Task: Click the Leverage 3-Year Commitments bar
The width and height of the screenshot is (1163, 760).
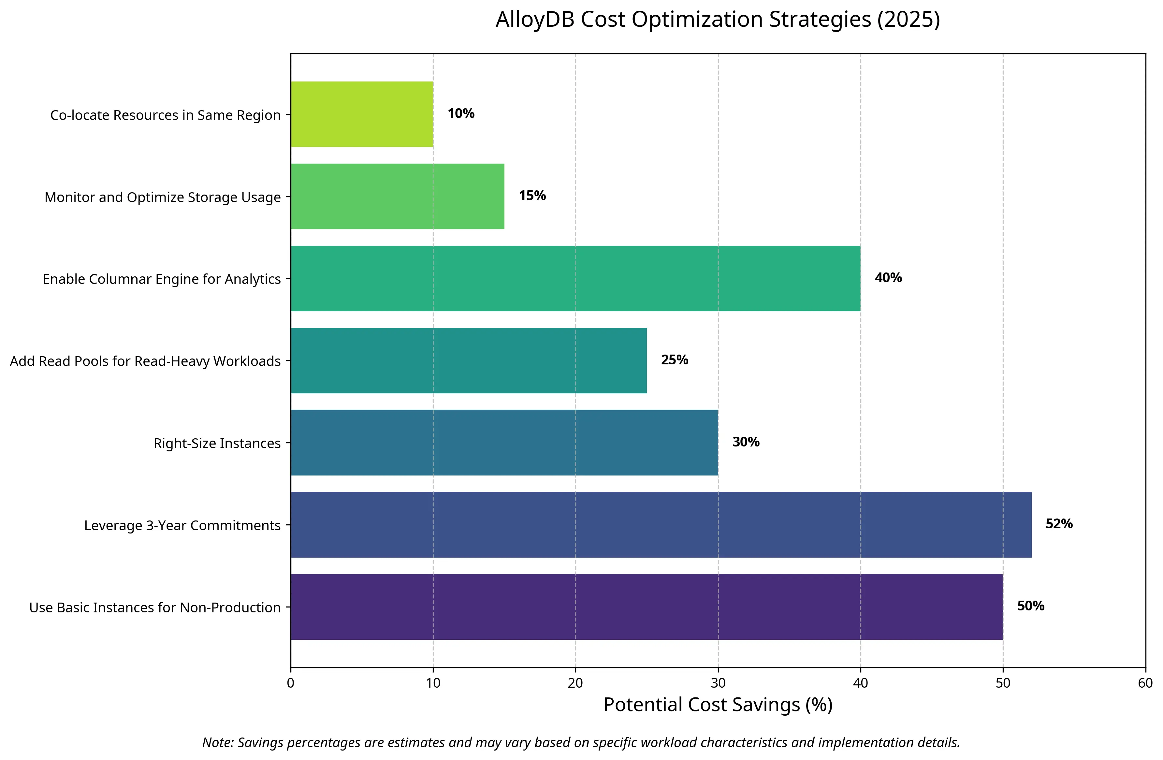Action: click(x=661, y=524)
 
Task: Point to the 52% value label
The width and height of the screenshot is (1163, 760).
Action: click(x=1059, y=524)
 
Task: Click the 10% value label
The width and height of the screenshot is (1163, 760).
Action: click(x=461, y=113)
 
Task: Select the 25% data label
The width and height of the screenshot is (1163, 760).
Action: click(x=674, y=360)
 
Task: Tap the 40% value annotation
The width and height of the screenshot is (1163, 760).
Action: click(x=888, y=278)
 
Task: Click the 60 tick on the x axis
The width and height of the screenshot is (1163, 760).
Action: click(x=1145, y=683)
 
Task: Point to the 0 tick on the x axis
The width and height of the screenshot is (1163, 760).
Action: click(x=291, y=683)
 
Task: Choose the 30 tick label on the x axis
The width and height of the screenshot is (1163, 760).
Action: click(x=718, y=683)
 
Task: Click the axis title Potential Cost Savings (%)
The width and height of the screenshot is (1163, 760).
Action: click(x=718, y=705)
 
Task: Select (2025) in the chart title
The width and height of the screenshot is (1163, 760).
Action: click(x=908, y=20)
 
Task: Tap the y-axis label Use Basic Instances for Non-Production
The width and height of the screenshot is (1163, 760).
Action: click(x=155, y=607)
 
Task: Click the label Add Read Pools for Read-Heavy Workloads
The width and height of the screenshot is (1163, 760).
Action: click(x=145, y=361)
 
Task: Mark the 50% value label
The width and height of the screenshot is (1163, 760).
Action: click(x=1031, y=606)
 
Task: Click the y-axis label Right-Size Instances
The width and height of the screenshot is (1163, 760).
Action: click(x=217, y=443)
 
